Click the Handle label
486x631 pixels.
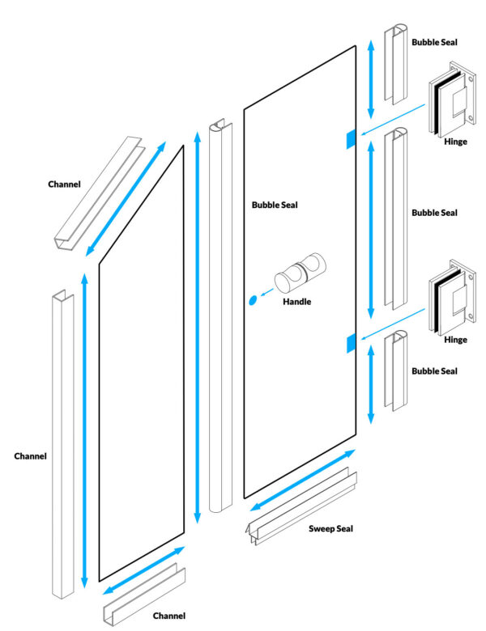coord(296,302)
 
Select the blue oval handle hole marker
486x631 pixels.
coord(252,300)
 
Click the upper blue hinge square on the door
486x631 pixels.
coord(350,139)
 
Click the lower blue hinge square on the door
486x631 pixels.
coord(350,343)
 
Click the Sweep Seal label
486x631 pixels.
coord(330,529)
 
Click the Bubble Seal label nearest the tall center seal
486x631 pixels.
coord(275,205)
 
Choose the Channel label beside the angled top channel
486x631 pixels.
coord(64,184)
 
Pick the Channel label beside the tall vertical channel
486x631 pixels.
coord(30,456)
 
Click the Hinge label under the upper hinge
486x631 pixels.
coord(455,142)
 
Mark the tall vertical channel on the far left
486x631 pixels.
coord(62,445)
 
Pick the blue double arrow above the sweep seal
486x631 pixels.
coord(301,481)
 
